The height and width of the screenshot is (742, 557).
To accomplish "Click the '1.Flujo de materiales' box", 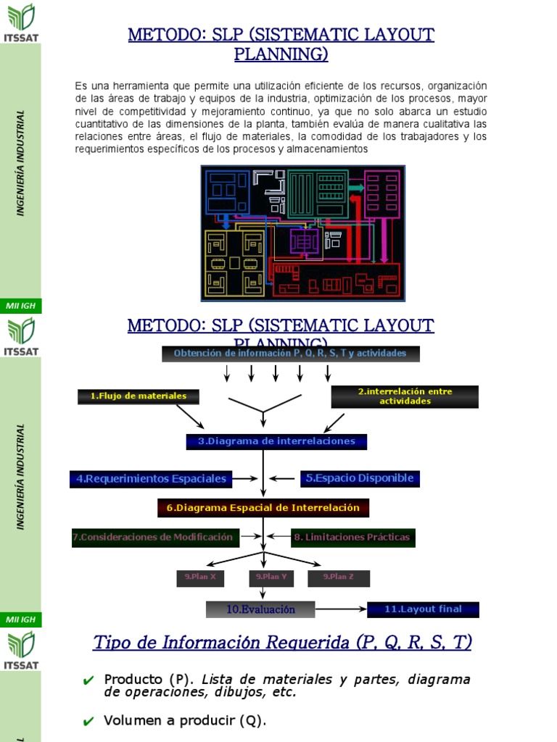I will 139,396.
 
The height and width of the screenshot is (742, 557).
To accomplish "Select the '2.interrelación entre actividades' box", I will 405,396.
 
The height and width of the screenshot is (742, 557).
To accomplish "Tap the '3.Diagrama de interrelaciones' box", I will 276,441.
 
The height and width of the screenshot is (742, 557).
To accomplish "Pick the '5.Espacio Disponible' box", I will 360,478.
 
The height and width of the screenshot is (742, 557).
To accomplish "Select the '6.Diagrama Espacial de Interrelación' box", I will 263,508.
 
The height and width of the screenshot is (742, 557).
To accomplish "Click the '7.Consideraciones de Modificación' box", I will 152,538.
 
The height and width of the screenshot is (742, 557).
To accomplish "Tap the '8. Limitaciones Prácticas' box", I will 352,538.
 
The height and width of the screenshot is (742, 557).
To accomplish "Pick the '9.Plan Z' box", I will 339,578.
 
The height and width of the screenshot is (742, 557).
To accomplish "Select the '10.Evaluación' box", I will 260,609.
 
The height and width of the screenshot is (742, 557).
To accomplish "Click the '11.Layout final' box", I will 423,609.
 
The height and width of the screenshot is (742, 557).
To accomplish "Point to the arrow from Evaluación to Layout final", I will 341,609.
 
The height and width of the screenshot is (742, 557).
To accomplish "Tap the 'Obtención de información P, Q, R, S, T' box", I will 290,354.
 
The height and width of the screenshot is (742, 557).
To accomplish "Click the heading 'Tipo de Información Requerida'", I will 282,643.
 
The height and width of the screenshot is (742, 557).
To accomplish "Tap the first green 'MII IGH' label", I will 20,307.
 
